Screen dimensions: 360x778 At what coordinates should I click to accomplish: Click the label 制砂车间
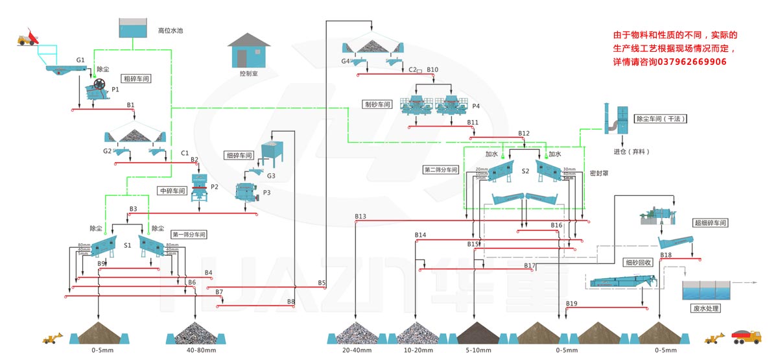tap(378, 104)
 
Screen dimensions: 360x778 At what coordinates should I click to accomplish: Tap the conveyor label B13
tap(360, 217)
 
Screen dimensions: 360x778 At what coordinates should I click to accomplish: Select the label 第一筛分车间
tap(189, 234)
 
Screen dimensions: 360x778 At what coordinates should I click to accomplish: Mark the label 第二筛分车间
tap(441, 169)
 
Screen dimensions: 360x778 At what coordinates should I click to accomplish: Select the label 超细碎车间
tap(710, 223)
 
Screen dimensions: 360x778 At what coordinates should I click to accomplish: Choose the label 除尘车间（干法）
tap(661, 119)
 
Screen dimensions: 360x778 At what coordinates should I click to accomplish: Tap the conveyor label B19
tap(571, 304)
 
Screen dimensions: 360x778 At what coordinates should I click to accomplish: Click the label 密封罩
tap(598, 174)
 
